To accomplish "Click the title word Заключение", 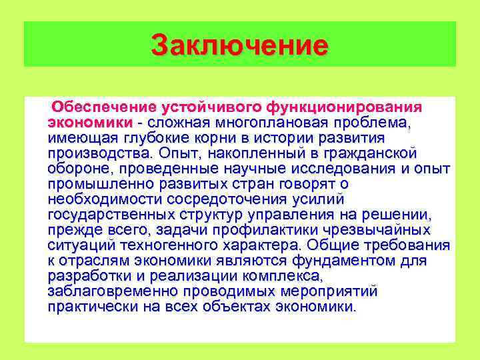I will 239,45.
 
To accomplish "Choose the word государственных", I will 111,215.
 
